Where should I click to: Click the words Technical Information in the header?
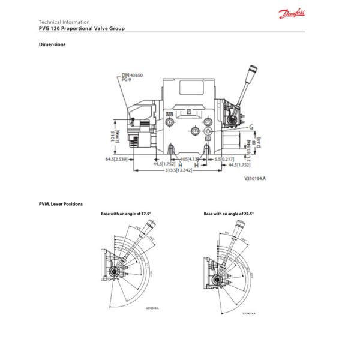(64, 22)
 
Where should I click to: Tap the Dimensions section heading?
(52, 44)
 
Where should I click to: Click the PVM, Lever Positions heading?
(61, 204)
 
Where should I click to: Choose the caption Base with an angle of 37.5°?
(126, 214)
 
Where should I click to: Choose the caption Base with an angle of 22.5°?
(229, 214)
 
